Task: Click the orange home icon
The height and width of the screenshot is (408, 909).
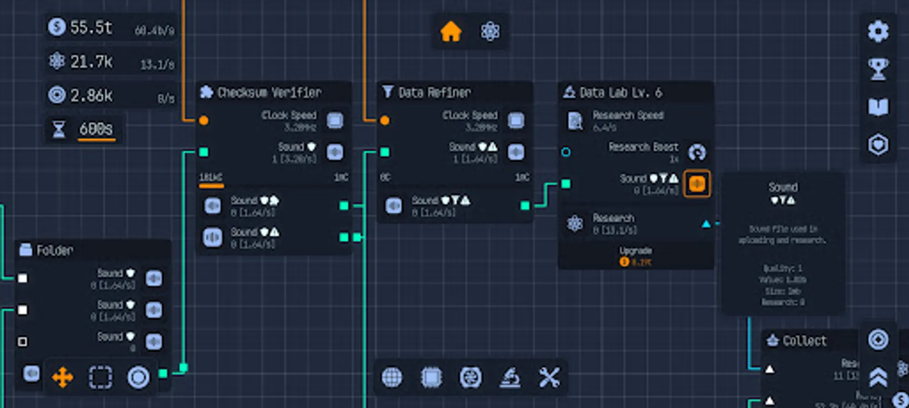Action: (x=451, y=32)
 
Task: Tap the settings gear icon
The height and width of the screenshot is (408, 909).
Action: (x=878, y=31)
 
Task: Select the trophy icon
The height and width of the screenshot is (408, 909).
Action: (x=878, y=69)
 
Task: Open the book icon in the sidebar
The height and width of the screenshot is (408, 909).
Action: (x=878, y=107)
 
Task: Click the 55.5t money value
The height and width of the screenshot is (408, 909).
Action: (x=91, y=28)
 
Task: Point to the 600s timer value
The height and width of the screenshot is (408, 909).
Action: (x=96, y=129)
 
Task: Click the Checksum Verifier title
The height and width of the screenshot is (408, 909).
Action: (x=269, y=92)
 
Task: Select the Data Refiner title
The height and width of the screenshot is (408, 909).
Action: (x=434, y=92)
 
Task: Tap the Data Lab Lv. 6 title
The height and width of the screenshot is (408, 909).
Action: (x=620, y=92)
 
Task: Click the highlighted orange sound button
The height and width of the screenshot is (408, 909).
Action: (x=697, y=184)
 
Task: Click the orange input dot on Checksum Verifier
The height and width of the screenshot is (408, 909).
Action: (x=204, y=120)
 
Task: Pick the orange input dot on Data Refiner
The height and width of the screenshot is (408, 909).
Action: (x=385, y=120)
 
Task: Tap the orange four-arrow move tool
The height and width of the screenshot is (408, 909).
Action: (x=63, y=377)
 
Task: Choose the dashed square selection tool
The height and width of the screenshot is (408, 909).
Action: (x=100, y=377)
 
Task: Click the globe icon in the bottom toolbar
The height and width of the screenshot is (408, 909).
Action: (x=392, y=377)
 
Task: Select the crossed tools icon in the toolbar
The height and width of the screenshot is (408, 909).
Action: (x=549, y=377)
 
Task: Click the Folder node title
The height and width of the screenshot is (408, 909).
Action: (x=54, y=250)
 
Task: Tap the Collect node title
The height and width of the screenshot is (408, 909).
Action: (x=804, y=340)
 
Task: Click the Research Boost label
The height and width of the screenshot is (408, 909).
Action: (x=643, y=147)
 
